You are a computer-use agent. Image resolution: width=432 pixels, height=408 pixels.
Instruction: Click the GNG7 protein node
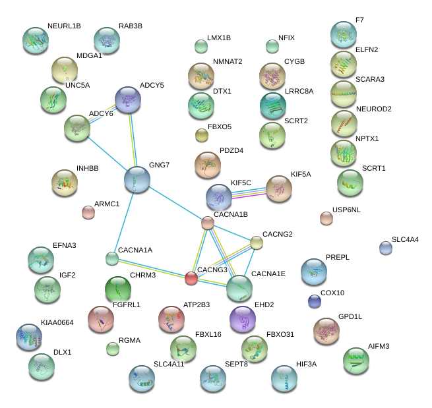pos(137,179)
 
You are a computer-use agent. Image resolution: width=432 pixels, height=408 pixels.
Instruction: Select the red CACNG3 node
pos(191,278)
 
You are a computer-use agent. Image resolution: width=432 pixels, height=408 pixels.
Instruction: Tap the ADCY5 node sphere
pos(128,100)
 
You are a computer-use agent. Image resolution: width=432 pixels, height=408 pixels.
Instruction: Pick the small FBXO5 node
pos(202,136)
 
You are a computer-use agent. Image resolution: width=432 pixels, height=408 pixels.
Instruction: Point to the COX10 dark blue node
pos(315,302)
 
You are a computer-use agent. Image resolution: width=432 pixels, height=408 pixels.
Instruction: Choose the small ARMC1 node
pos(88,212)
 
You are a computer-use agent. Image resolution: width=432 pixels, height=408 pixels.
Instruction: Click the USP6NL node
pos(326,218)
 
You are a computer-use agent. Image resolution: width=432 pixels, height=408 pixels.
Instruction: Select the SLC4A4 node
pos(386,248)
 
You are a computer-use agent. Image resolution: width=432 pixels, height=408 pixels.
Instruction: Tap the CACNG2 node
pos(257,243)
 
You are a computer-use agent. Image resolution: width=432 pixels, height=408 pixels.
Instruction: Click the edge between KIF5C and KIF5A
pos(249,192)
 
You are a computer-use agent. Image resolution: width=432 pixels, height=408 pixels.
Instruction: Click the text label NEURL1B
pos(64,26)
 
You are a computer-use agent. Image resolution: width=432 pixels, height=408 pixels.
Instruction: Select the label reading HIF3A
pos(307,364)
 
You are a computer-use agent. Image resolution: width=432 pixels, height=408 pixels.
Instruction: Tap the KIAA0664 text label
pos(57,323)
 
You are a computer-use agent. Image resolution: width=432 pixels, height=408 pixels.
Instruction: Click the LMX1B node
pos(201,46)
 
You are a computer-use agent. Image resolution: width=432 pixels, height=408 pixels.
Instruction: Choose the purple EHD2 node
pos(243,319)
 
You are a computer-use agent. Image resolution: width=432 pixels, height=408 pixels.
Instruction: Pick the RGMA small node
pos(113,349)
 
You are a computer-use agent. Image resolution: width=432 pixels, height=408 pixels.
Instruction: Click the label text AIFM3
pos(379,346)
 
